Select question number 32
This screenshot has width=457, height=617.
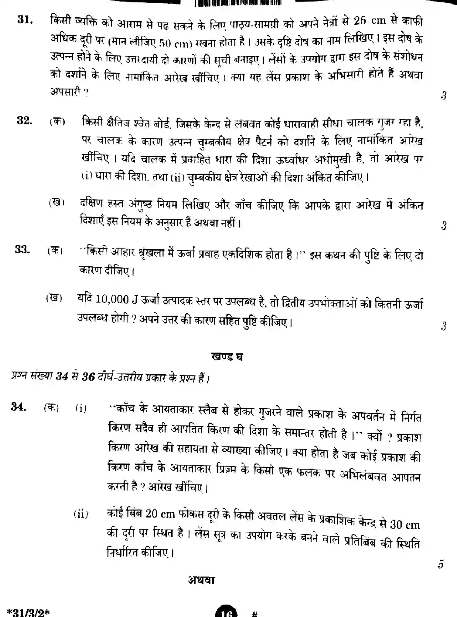[25, 121]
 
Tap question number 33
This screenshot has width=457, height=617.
[22, 250]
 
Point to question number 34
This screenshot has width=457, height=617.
[19, 406]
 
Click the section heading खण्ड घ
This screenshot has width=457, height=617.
[227, 357]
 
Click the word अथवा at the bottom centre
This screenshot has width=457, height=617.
[201, 580]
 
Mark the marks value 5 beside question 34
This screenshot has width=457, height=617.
[441, 564]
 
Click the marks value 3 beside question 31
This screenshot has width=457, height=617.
[444, 96]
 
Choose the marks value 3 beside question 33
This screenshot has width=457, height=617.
[444, 326]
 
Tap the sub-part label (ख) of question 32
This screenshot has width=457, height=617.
[57, 203]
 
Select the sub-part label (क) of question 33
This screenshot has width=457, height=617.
[55, 251]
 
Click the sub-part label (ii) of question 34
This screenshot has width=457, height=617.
[81, 514]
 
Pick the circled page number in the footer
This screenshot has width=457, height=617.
[227, 613]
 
